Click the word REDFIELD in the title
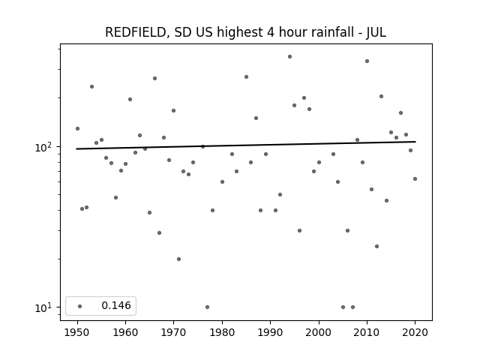[x=136, y=32]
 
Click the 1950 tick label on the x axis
[x=77, y=332]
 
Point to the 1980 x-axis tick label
[x=222, y=332]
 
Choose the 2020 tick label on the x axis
[x=415, y=332]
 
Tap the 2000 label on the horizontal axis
[x=319, y=332]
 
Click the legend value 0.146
[x=116, y=305]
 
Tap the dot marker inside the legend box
[x=80, y=306]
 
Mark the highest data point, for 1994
[x=290, y=57]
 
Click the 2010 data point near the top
[x=367, y=61]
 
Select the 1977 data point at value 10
[x=207, y=307]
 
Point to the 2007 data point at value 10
[x=352, y=307]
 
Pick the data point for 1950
[x=77, y=128]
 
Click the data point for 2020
[x=415, y=178]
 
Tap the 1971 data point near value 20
[x=178, y=259]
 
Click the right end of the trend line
[x=415, y=142]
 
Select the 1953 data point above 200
[x=91, y=87]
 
